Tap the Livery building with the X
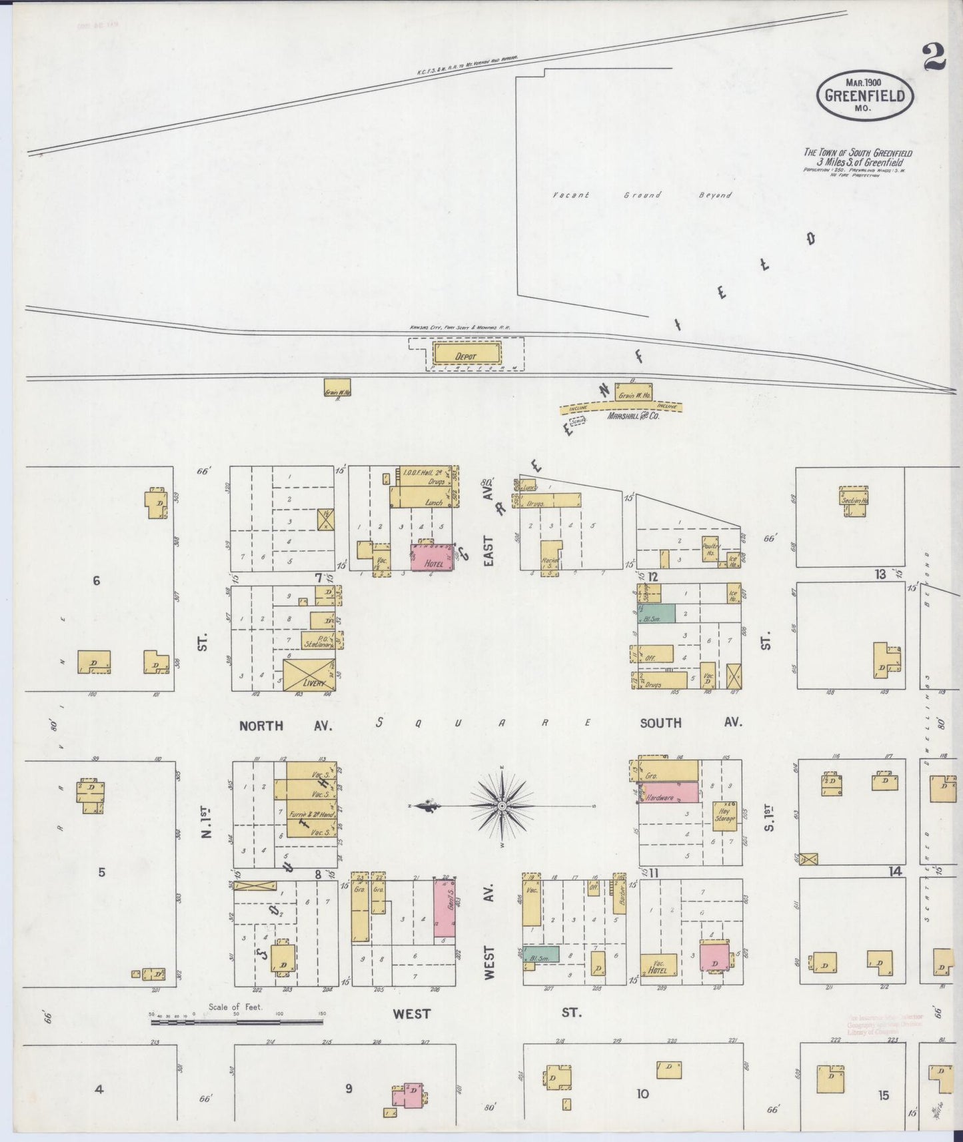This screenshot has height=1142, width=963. [309, 674]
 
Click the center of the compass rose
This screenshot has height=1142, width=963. [501, 806]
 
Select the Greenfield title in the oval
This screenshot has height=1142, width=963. [864, 95]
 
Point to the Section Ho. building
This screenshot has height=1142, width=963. [854, 501]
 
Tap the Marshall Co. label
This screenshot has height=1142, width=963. [632, 416]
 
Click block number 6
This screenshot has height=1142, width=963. [97, 581]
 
